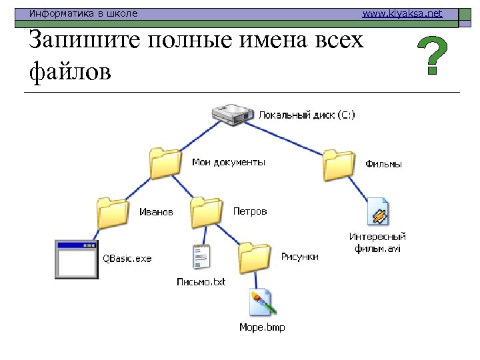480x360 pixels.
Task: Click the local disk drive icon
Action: click(x=233, y=114)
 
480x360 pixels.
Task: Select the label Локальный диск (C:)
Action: click(x=307, y=115)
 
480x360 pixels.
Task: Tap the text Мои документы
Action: click(x=229, y=162)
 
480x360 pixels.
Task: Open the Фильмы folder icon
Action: click(x=339, y=164)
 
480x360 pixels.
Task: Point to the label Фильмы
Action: click(x=384, y=163)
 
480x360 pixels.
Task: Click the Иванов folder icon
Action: click(x=111, y=213)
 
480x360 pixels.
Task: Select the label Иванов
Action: click(x=155, y=212)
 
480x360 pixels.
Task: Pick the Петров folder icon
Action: click(x=206, y=212)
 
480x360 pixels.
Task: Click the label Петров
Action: click(x=250, y=211)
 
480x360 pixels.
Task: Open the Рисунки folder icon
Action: click(x=255, y=258)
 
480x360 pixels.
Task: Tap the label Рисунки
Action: click(x=299, y=257)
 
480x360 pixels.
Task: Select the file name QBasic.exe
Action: click(x=127, y=259)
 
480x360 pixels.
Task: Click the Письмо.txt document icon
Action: click(x=201, y=258)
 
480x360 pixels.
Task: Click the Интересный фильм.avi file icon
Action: click(x=378, y=212)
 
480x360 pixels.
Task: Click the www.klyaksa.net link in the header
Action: click(x=402, y=13)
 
